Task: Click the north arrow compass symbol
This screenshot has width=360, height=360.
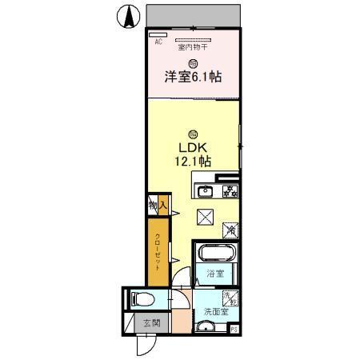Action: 127,15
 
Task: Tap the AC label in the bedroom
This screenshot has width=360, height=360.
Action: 158,42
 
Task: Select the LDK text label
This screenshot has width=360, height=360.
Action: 192,148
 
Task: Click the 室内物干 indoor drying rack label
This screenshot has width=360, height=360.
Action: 192,47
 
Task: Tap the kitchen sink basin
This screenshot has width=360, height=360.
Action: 205,190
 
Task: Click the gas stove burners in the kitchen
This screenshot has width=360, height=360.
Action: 230,190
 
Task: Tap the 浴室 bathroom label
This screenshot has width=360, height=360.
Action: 214,274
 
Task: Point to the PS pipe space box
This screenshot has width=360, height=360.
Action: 234,328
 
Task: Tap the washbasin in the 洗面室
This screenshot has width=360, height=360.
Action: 207,326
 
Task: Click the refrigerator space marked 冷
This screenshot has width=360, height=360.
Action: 230,230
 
